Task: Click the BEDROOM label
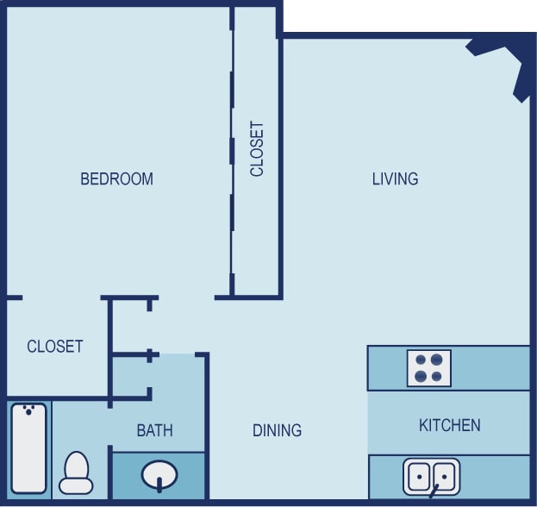[x=116, y=179]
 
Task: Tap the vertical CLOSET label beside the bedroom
[x=257, y=149]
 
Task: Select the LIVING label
[x=395, y=179]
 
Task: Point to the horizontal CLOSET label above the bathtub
[x=55, y=347]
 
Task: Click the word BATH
[x=154, y=430]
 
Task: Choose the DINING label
[x=277, y=430]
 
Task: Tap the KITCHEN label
[x=449, y=425]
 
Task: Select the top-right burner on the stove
[x=437, y=360]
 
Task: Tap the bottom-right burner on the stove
[x=437, y=376]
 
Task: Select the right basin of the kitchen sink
[x=443, y=475]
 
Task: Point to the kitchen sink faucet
[x=434, y=492]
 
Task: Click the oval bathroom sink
[x=159, y=474]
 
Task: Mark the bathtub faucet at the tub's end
[x=30, y=408]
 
